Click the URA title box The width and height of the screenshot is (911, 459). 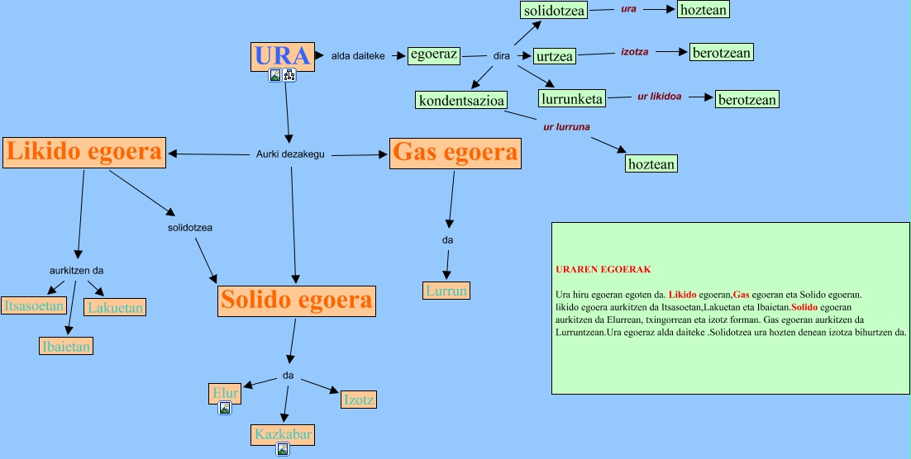283,56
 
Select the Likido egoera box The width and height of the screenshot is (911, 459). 84,152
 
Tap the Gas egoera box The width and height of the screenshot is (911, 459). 455,153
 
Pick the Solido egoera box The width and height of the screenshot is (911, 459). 297,300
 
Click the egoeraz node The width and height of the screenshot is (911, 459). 434,55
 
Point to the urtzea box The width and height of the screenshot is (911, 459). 555,56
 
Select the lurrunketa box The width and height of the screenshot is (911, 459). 571,99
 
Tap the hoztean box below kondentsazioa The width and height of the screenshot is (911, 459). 651,163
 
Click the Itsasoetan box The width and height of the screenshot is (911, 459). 34,305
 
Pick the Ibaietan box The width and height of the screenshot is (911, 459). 65,346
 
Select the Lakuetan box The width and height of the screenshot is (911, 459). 116,308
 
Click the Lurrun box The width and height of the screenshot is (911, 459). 447,291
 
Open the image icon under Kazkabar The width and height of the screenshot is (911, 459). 283,450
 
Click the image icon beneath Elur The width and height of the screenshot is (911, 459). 225,408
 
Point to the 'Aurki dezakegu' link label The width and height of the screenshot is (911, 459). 290,154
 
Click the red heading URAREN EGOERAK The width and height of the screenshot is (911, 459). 603,270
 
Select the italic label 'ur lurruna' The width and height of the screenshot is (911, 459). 566,126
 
